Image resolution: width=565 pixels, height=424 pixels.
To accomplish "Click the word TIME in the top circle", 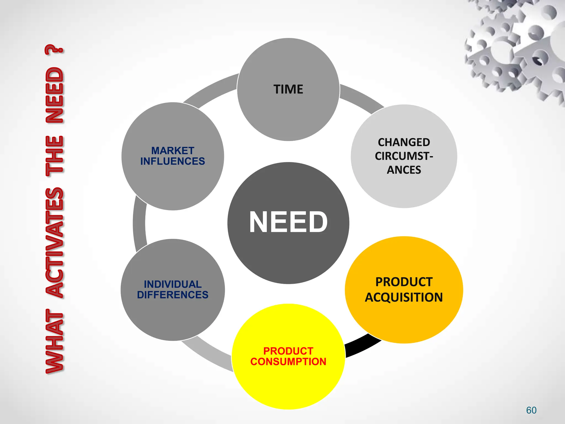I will [288, 89].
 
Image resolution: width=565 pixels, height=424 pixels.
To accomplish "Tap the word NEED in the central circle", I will [288, 222].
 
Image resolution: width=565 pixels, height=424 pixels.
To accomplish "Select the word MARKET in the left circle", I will [173, 151].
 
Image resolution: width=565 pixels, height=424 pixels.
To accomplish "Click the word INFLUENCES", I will [173, 161].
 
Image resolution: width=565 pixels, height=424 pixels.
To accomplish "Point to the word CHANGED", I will [404, 142].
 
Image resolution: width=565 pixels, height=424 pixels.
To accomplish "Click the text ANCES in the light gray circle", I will [404, 170].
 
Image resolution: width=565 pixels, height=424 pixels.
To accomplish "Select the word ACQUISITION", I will [404, 298].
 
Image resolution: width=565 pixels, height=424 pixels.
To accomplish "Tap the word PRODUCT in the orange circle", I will [404, 282].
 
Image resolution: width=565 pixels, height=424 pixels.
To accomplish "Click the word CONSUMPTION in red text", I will [288, 362].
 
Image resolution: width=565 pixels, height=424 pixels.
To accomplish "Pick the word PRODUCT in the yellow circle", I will [288, 351].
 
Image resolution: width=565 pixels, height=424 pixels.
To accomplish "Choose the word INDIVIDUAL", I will [173, 284].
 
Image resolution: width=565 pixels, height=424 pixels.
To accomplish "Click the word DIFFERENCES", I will [173, 295].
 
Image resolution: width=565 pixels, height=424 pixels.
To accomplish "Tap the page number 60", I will [531, 410].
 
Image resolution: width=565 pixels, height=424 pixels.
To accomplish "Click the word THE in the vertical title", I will [55, 156].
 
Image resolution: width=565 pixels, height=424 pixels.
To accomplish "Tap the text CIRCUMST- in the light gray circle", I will [404, 156].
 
